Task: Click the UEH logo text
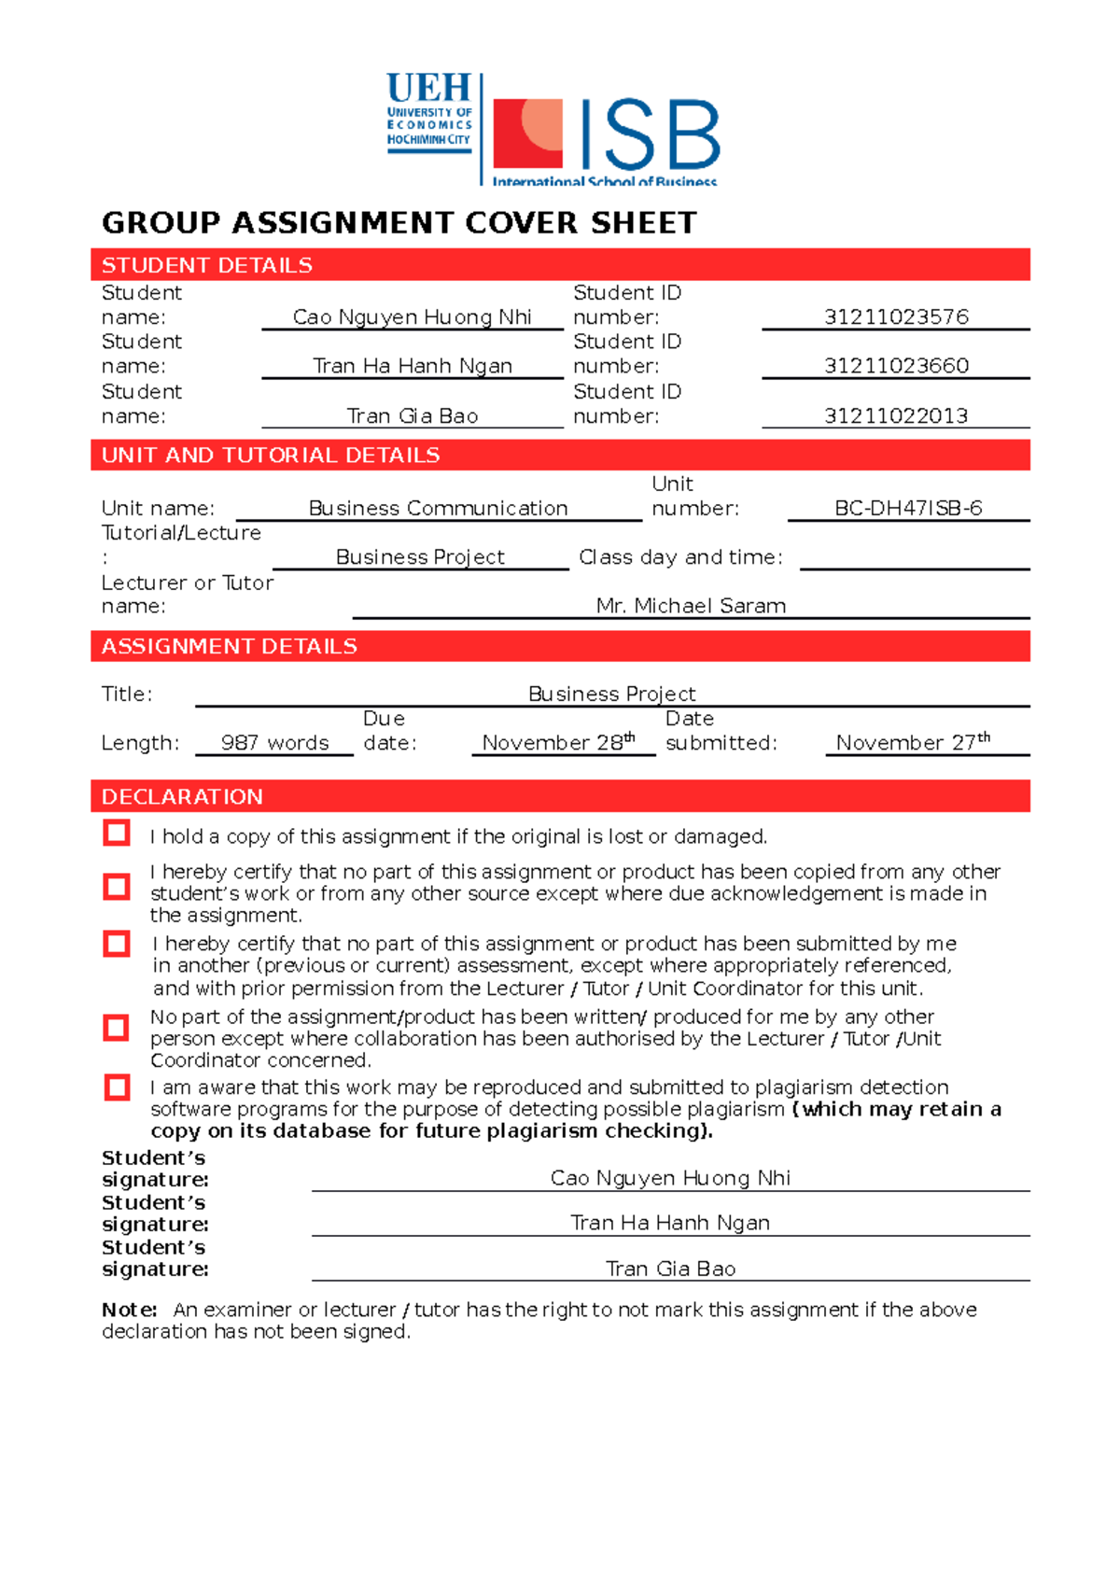(x=428, y=90)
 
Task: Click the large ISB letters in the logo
(x=650, y=136)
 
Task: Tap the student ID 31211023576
(x=896, y=317)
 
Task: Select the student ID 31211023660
(x=896, y=366)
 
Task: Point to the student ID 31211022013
(x=896, y=416)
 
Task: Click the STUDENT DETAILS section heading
(x=207, y=265)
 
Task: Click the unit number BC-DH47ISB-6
(x=908, y=509)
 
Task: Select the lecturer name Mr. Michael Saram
(x=691, y=607)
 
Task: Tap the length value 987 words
(x=274, y=743)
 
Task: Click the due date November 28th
(x=558, y=743)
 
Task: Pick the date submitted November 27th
(x=912, y=743)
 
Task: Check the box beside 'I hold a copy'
(x=117, y=833)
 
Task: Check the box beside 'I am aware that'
(x=117, y=1087)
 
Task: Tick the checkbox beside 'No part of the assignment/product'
(x=117, y=1028)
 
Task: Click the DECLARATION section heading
(x=182, y=797)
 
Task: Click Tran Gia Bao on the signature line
(x=670, y=1269)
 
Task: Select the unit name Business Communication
(x=438, y=509)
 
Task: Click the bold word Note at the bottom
(x=128, y=1310)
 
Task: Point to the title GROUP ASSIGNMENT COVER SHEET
(x=399, y=223)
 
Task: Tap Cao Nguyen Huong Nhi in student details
(x=412, y=317)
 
